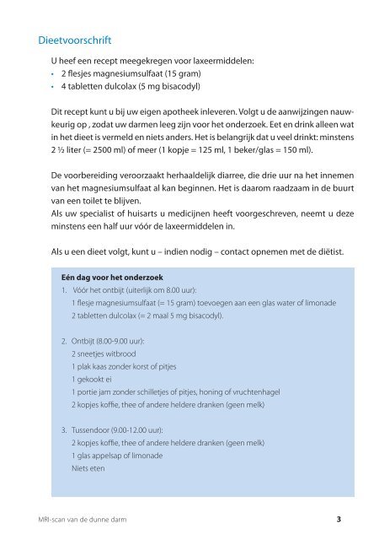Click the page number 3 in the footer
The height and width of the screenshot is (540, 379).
[338, 519]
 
